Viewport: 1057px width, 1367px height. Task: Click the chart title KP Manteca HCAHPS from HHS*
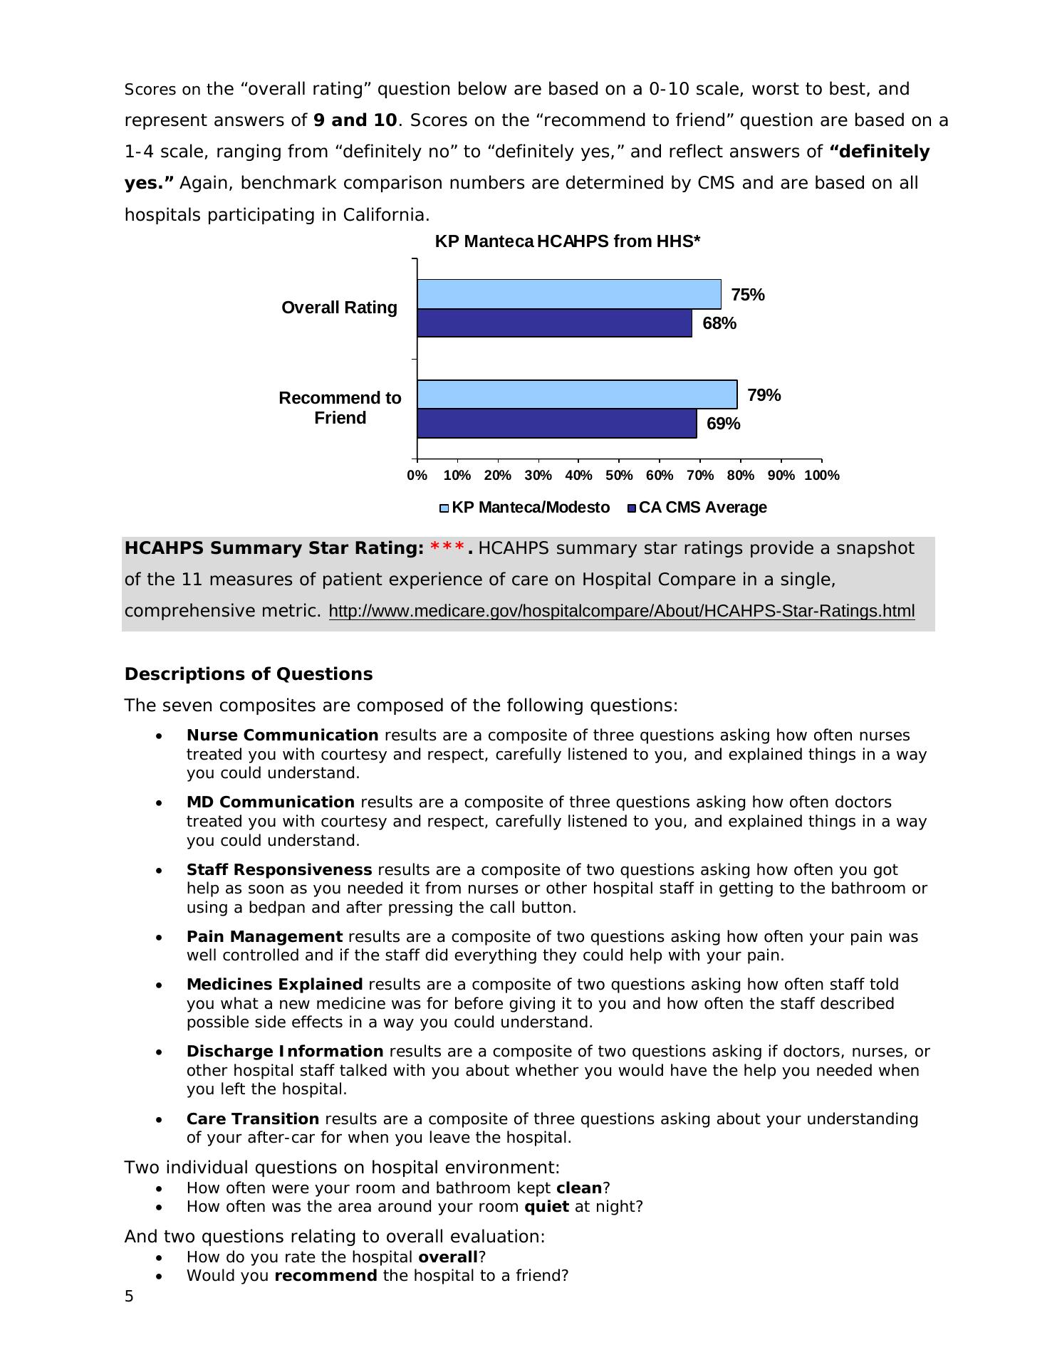(567, 242)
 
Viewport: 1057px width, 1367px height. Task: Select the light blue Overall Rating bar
(568, 294)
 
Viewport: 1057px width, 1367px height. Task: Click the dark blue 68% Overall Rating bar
(554, 323)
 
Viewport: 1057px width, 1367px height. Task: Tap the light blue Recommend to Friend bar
(577, 394)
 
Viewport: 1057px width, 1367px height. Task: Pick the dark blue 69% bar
(556, 424)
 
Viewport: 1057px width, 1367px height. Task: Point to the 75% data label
(747, 295)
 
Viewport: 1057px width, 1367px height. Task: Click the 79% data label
(764, 395)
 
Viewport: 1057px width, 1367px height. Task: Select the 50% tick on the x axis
(619, 476)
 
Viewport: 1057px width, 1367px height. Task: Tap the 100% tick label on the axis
(821, 476)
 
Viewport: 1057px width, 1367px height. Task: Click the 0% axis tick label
(417, 476)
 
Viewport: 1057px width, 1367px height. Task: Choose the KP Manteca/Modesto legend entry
(524, 508)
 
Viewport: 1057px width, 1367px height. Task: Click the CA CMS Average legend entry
(697, 508)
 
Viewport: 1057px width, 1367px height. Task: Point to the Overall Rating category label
(339, 308)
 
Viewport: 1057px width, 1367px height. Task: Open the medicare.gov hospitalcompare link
(621, 612)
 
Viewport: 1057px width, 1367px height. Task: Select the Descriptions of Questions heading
(248, 674)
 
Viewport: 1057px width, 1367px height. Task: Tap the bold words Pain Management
(264, 937)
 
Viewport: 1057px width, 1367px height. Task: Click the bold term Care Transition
(252, 1119)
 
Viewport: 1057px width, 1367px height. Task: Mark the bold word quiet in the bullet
(546, 1207)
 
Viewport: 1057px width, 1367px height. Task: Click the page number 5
(129, 1297)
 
